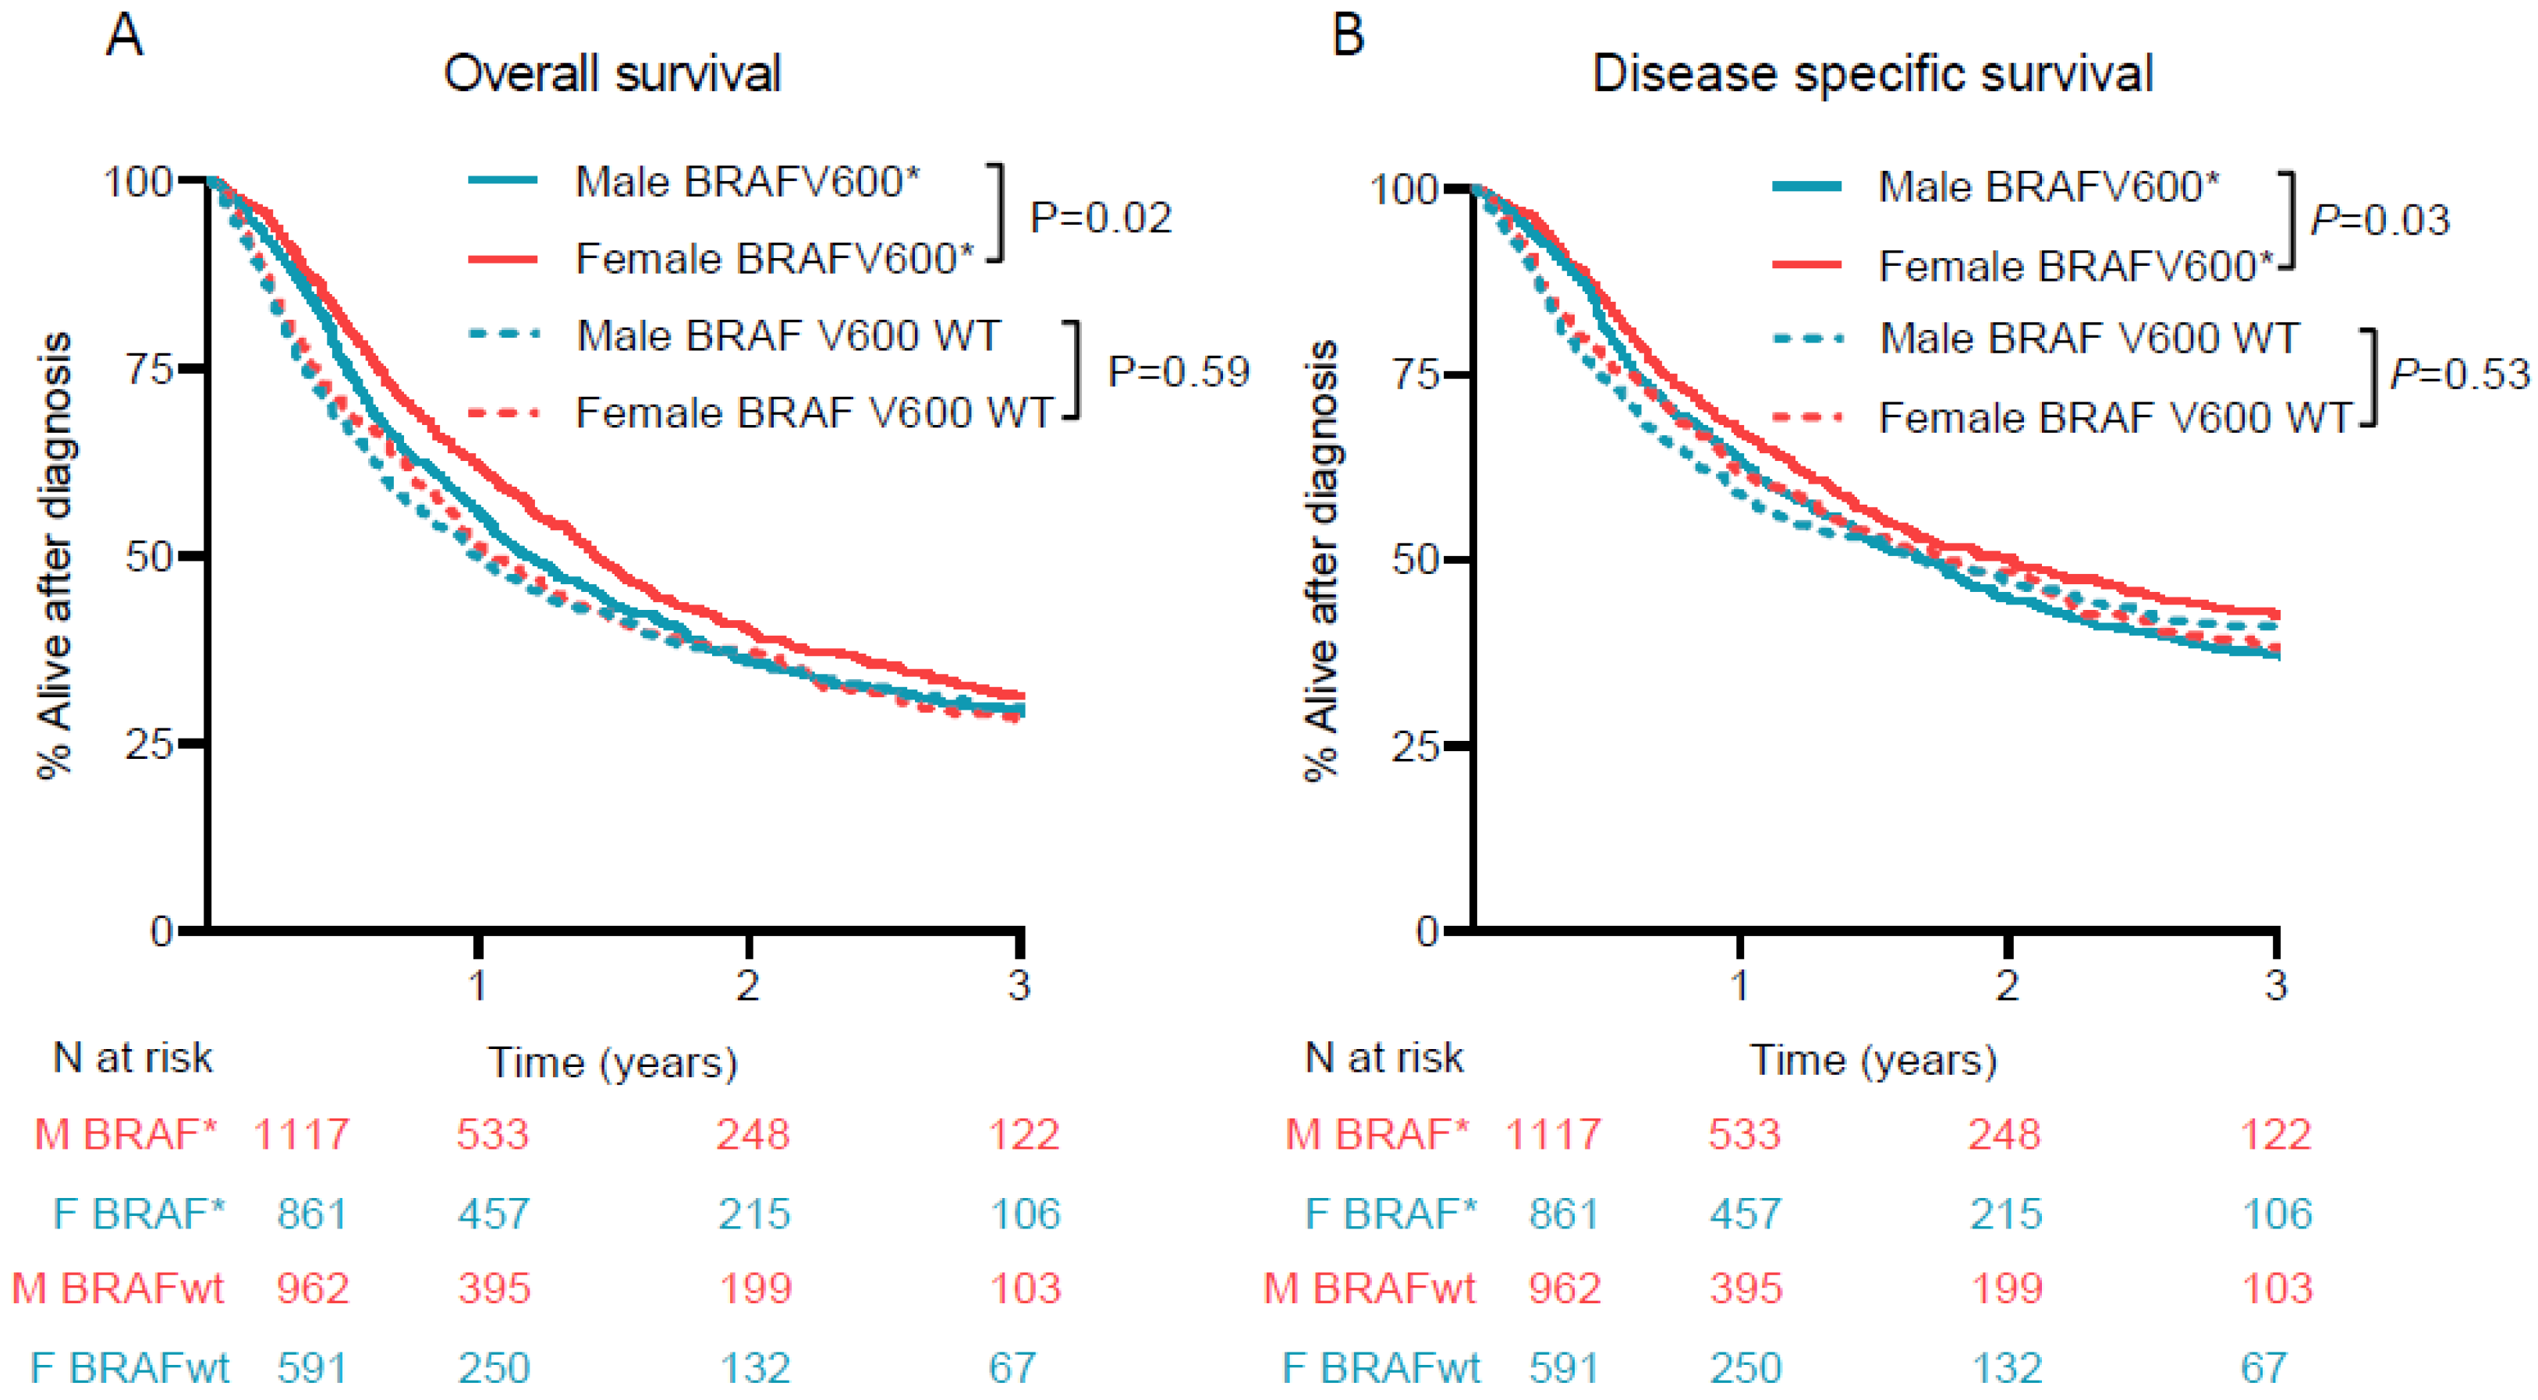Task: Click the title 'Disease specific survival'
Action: coord(1872,74)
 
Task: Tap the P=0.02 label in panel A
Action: coord(1101,218)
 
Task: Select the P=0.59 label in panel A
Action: coord(1179,371)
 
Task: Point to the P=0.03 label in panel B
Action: coord(2380,220)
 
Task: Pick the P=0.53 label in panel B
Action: coord(2459,374)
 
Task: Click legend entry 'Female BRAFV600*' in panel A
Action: coord(774,259)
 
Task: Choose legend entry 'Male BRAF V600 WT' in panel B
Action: coord(2088,339)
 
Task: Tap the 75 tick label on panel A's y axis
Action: coord(151,370)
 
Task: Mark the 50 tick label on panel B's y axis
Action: coord(1416,559)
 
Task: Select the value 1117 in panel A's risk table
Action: coord(302,1135)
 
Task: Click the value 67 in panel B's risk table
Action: coord(2263,1367)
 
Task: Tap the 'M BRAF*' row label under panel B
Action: coord(1377,1135)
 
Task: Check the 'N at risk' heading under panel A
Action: coord(132,1058)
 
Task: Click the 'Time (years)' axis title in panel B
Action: coord(1872,1061)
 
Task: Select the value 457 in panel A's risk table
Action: coord(493,1214)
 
